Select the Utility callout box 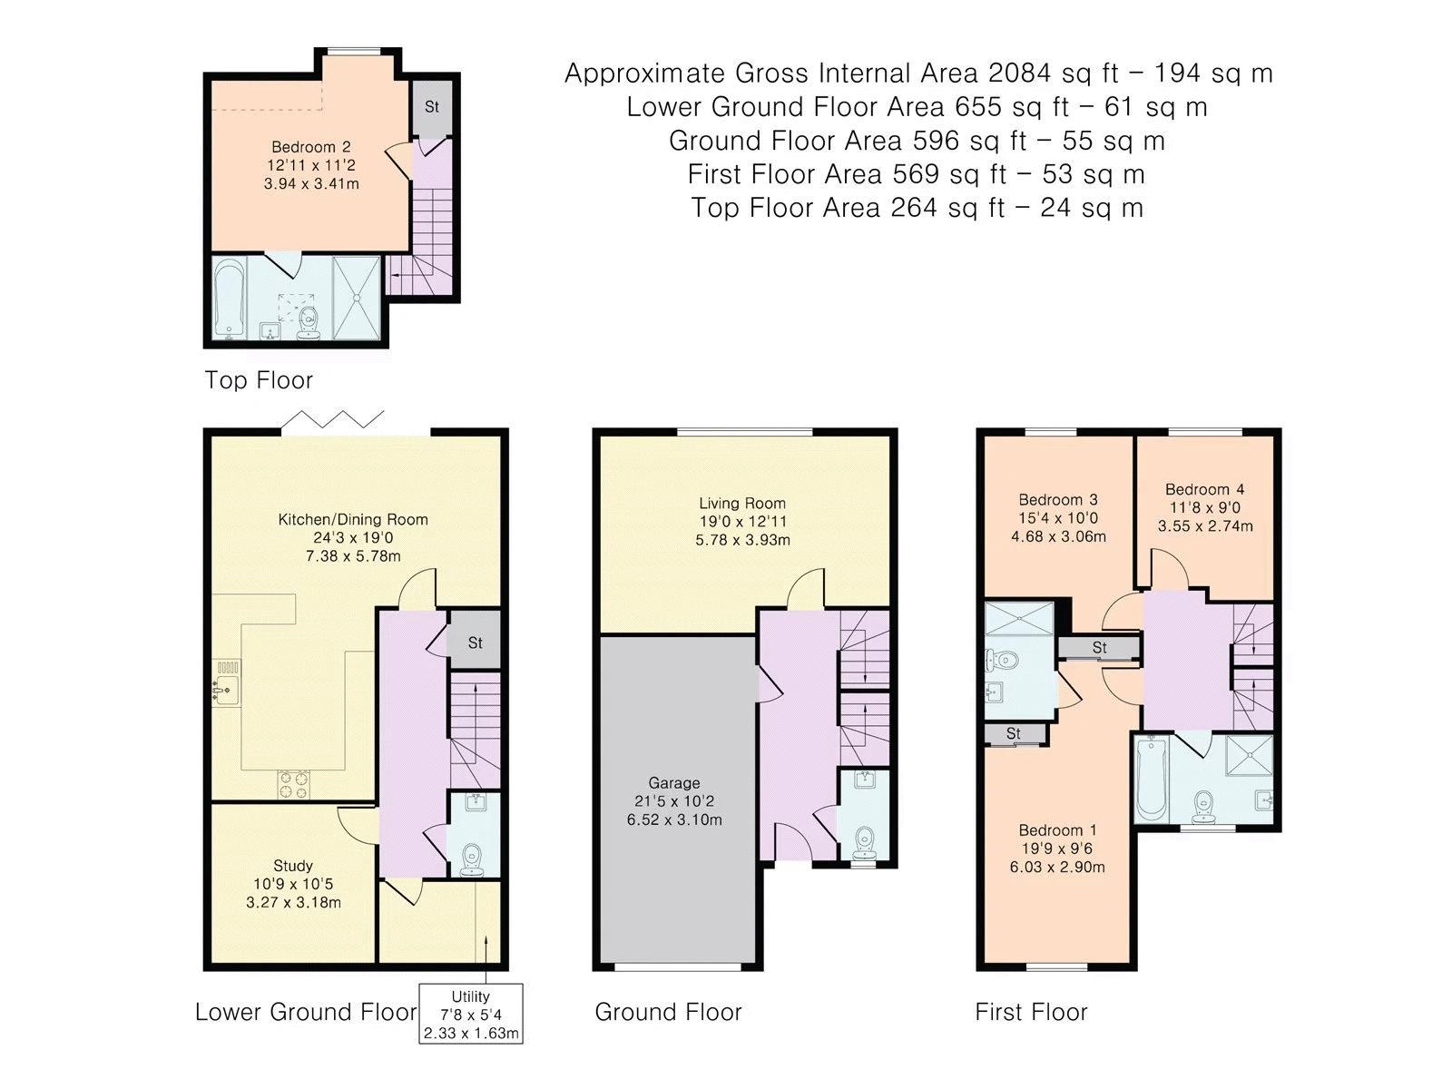470,1014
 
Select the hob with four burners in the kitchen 293,785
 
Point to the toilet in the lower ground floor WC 472,858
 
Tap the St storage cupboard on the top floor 432,108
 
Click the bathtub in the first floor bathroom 1152,779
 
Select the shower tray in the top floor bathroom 357,298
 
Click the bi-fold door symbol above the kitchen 333,419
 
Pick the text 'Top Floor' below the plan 258,380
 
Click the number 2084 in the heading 1019,74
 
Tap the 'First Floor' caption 1031,1012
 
